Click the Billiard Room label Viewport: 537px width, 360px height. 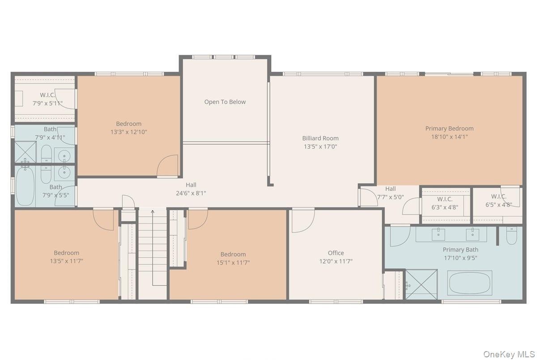click(x=320, y=138)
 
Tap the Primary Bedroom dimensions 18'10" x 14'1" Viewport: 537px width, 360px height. click(x=449, y=137)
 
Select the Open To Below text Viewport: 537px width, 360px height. click(x=225, y=102)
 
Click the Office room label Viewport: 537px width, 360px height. click(x=336, y=253)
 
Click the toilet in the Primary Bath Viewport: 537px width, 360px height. click(x=512, y=236)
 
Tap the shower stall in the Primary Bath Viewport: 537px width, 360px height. click(x=421, y=285)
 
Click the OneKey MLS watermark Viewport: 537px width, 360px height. click(x=509, y=354)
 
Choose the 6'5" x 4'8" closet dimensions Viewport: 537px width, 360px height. click(x=499, y=205)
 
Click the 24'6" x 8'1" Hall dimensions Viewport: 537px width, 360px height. click(x=191, y=193)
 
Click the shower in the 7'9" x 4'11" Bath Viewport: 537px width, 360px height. click(x=26, y=152)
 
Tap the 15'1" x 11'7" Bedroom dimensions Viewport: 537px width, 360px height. click(x=233, y=263)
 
